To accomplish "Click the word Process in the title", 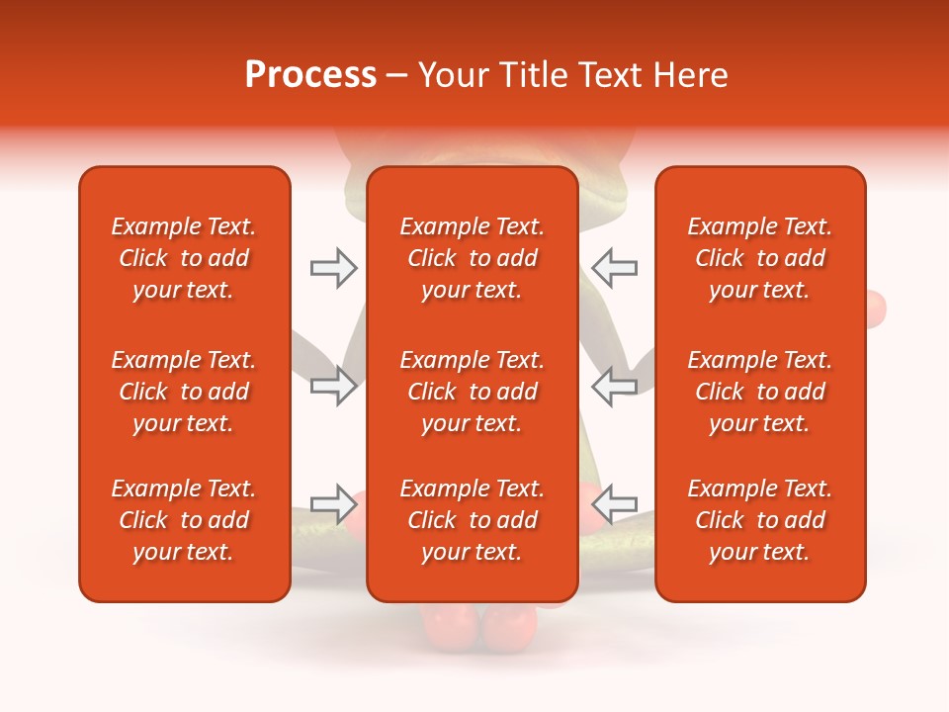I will point(310,74).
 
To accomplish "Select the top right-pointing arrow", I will point(333,267).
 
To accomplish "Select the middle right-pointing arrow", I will point(333,386).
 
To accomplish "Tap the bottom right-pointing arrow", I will point(333,504).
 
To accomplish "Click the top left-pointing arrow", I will point(614,267).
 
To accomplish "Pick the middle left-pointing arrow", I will point(614,386).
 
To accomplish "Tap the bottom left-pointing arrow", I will point(614,504).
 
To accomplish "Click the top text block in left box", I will point(184,258).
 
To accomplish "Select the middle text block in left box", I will point(184,392).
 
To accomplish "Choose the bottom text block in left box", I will point(184,520).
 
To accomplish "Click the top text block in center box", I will point(472,258).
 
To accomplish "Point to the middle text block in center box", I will point(472,392).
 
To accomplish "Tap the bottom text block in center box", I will point(472,520).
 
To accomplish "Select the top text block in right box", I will point(759,258).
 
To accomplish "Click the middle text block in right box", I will point(759,392).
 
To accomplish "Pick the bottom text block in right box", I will point(759,520).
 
